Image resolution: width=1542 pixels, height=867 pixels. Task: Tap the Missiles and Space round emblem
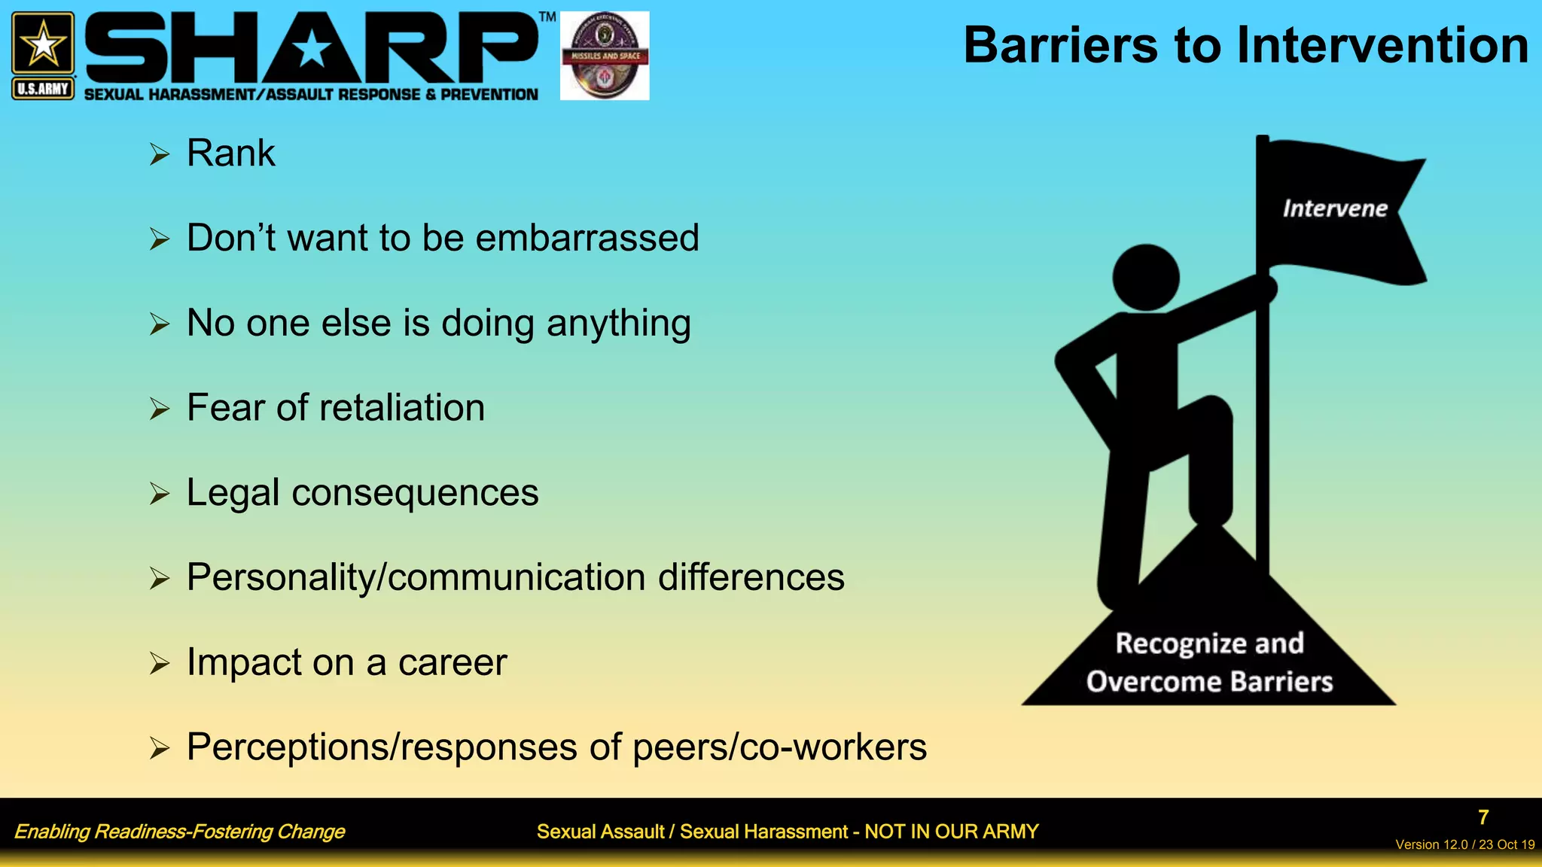tap(605, 56)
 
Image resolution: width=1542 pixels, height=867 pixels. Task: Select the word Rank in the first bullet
tap(230, 154)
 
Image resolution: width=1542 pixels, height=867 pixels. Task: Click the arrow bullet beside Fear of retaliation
tap(159, 409)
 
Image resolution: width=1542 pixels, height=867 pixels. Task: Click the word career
tap(453, 663)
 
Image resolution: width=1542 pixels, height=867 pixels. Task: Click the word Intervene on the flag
tap(1335, 208)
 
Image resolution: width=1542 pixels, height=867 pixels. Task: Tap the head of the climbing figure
tap(1145, 277)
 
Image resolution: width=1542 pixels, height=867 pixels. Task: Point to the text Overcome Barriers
tap(1209, 682)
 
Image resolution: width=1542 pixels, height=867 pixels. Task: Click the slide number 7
tap(1483, 817)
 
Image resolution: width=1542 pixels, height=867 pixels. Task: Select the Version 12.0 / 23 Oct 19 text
tap(1464, 844)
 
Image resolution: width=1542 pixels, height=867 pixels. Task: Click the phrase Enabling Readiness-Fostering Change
tap(179, 832)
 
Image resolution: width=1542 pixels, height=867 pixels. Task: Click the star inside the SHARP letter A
tap(311, 50)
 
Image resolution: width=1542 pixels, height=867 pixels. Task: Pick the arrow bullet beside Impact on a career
tap(159, 664)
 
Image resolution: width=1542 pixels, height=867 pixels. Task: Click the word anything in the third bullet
tap(618, 324)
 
